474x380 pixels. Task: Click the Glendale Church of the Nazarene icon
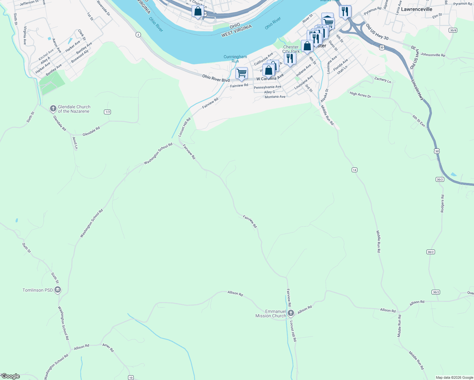pyautogui.click(x=53, y=109)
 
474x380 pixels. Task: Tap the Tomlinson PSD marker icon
pyautogui.click(x=58, y=290)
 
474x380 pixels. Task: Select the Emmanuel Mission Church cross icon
pyautogui.click(x=291, y=313)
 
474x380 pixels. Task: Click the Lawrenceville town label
pyautogui.click(x=416, y=9)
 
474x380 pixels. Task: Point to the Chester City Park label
pyautogui.click(x=291, y=49)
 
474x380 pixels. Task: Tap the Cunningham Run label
pyautogui.click(x=235, y=59)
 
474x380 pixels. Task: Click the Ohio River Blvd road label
pyautogui.click(x=216, y=78)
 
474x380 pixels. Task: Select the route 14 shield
pyautogui.click(x=354, y=170)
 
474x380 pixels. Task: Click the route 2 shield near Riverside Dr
pyautogui.click(x=138, y=35)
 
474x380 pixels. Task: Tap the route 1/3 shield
pyautogui.click(x=107, y=112)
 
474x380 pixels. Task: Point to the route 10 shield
pyautogui.click(x=131, y=377)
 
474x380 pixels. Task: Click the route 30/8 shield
pyautogui.click(x=453, y=30)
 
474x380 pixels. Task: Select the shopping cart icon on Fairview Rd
pyautogui.click(x=241, y=73)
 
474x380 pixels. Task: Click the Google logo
pyautogui.click(x=10, y=376)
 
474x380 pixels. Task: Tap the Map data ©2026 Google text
pyautogui.click(x=454, y=377)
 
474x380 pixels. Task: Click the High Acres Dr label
pyautogui.click(x=360, y=94)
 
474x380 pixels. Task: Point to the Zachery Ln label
pyautogui.click(x=382, y=80)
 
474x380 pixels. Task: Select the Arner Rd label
pyautogui.click(x=108, y=347)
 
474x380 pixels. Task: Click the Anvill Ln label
pyautogui.click(x=75, y=143)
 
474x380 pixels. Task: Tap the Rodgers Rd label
pyautogui.click(x=442, y=204)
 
